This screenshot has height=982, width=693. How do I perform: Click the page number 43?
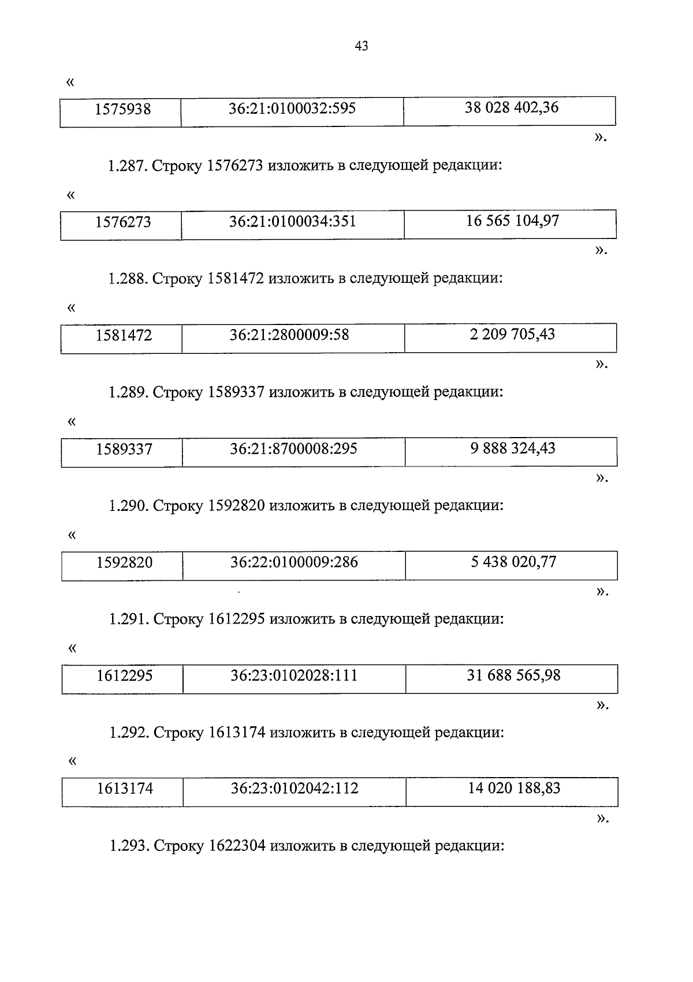click(361, 46)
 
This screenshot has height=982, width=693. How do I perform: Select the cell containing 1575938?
click(123, 109)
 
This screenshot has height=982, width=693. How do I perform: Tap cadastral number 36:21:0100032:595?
click(292, 109)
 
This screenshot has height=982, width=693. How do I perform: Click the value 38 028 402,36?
click(512, 108)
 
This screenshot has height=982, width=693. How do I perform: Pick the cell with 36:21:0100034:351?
click(292, 222)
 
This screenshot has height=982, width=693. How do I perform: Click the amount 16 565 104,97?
click(512, 221)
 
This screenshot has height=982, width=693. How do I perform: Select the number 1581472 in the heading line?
click(236, 279)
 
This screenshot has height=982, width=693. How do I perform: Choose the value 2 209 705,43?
click(512, 334)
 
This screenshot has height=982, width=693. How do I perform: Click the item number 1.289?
click(128, 393)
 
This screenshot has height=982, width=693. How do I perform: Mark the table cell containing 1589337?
click(124, 449)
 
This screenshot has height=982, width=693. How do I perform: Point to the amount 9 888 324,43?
click(513, 448)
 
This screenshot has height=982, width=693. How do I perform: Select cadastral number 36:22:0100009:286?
click(294, 562)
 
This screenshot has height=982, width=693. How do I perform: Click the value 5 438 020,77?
click(513, 562)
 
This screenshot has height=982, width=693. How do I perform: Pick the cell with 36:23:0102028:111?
click(294, 675)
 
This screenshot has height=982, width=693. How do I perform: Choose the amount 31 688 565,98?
click(513, 675)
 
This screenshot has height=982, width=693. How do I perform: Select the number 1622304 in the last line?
click(237, 846)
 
